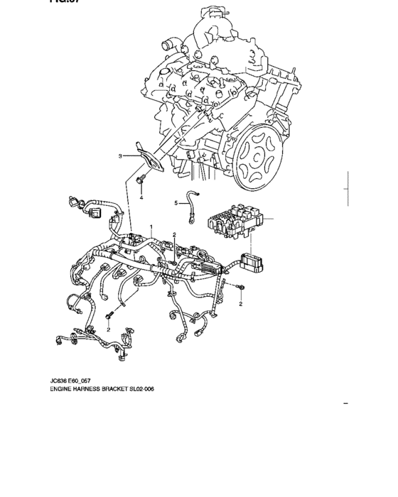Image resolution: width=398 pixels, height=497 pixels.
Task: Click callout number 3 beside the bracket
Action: click(121, 155)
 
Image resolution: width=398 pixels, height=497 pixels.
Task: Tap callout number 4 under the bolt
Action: click(141, 198)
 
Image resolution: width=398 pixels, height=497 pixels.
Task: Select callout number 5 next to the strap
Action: click(177, 203)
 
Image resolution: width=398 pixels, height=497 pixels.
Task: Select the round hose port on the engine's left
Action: click(167, 46)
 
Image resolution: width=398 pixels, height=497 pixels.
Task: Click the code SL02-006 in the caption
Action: click(141, 389)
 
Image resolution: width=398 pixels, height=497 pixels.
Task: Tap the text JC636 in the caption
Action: click(60, 381)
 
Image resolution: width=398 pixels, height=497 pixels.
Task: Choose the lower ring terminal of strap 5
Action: click(191, 219)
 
